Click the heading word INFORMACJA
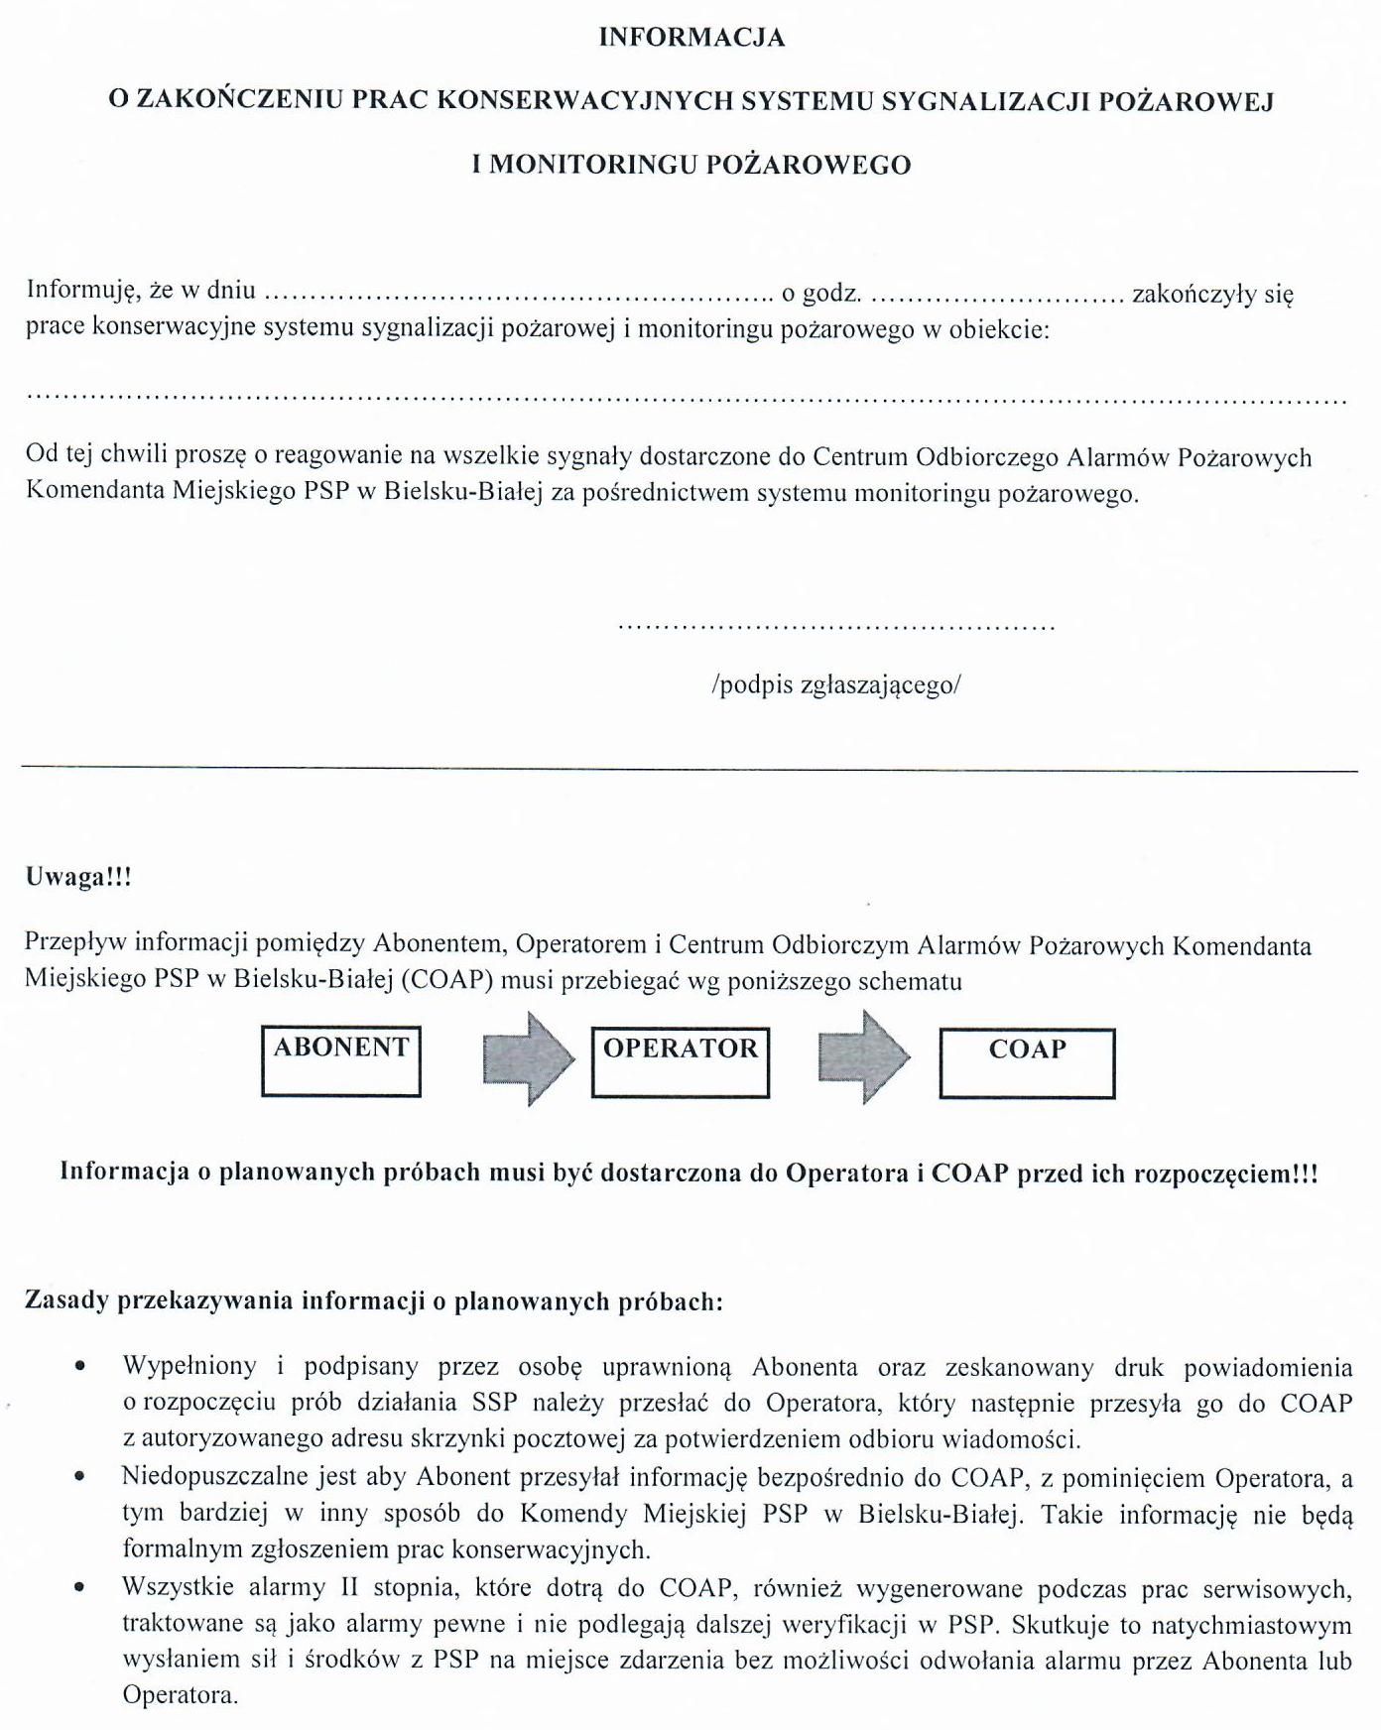[x=691, y=38]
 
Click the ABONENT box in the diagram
[x=341, y=1061]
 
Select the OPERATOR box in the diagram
[x=681, y=1062]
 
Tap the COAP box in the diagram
[x=1027, y=1063]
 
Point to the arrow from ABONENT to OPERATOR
[x=529, y=1058]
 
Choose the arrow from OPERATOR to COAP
[x=864, y=1057]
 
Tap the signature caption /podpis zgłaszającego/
[x=835, y=684]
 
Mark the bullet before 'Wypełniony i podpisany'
[x=79, y=1367]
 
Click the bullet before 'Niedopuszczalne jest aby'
[x=79, y=1477]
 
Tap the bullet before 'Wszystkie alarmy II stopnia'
[x=79, y=1588]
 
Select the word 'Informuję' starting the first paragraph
[x=82, y=290]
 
